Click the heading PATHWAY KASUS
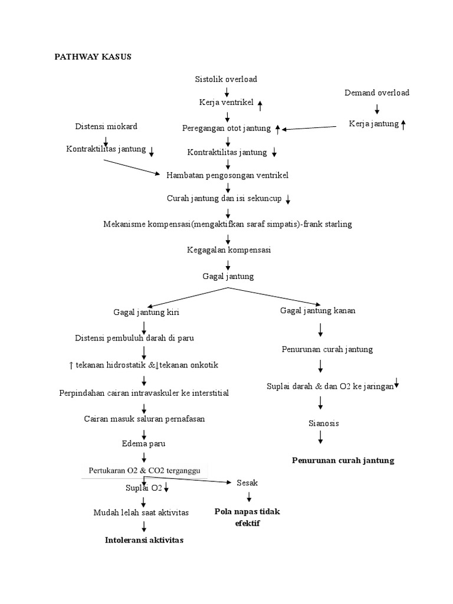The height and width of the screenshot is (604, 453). [93, 57]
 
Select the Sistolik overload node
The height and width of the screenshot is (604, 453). [226, 79]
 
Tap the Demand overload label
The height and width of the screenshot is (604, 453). [377, 93]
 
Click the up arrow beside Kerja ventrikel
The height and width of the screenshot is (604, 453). [260, 104]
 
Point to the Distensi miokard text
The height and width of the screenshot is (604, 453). [106, 127]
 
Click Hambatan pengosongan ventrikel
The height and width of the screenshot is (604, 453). [228, 175]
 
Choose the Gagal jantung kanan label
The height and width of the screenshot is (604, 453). [317, 311]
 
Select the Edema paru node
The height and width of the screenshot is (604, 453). [143, 444]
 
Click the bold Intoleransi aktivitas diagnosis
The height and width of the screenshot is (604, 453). [144, 540]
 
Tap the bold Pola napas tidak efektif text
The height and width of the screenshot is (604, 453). [247, 517]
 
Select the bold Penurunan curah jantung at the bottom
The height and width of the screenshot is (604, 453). [343, 460]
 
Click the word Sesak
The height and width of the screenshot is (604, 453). [247, 482]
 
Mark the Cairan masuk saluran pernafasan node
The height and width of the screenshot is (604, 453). [144, 419]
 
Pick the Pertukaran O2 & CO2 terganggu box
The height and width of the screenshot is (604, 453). [145, 470]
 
